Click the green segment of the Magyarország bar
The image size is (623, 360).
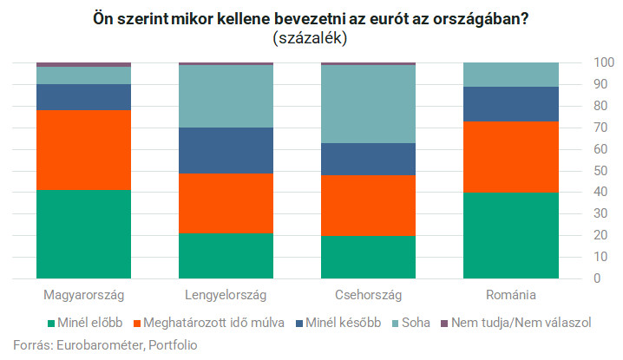click(x=83, y=234)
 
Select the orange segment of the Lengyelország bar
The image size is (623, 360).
click(x=226, y=203)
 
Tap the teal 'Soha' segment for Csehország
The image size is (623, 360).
click(x=369, y=104)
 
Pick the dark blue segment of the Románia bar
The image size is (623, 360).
click(x=511, y=104)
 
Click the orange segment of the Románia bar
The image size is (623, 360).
click(x=511, y=156)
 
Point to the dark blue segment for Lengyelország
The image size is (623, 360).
click(x=226, y=150)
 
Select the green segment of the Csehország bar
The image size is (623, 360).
click(x=369, y=257)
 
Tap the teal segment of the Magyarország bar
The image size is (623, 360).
click(x=83, y=75)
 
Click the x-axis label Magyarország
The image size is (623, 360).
click(x=83, y=295)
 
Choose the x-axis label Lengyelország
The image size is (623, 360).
click(x=226, y=295)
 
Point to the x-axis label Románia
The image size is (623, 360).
click(x=511, y=295)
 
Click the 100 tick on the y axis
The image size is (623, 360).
click(x=598, y=63)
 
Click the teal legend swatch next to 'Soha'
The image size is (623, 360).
click(x=399, y=323)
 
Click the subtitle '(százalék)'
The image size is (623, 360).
click(x=312, y=38)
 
